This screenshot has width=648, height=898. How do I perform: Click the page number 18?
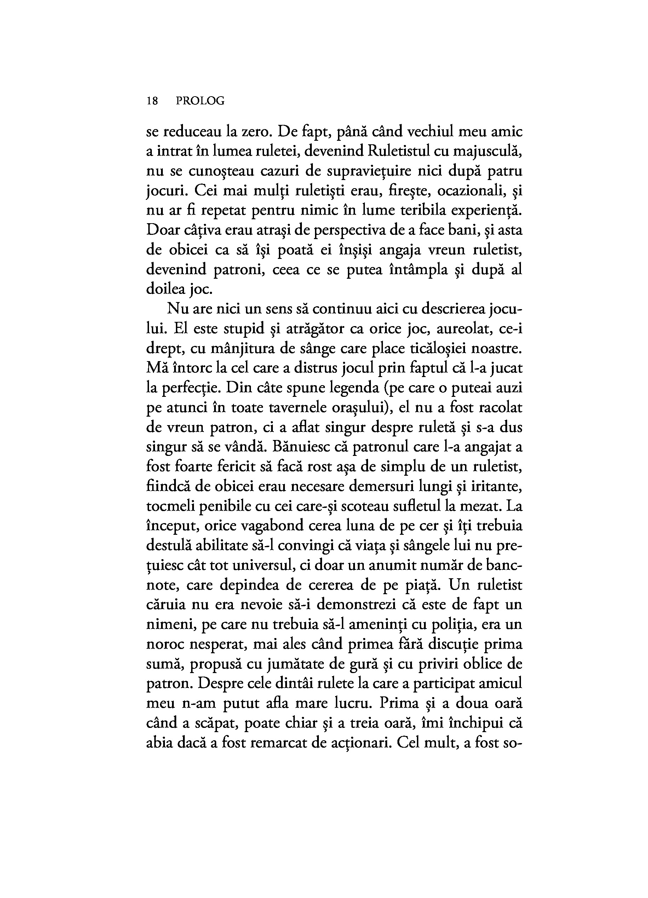tap(153, 102)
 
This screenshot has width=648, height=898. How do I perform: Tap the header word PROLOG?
tap(200, 102)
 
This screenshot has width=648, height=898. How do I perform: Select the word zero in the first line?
tap(256, 132)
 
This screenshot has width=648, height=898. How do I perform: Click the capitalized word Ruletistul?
tap(396, 152)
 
